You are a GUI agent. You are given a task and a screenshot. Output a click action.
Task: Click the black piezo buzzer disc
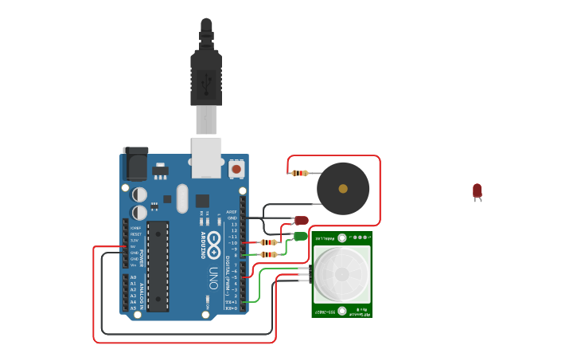(343, 189)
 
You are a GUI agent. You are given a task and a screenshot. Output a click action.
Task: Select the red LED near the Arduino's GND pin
(301, 221)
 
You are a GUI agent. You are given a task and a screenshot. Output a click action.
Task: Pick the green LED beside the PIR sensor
(300, 236)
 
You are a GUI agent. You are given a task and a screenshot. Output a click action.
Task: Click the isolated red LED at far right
(477, 190)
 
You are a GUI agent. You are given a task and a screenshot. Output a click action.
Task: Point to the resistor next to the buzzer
(299, 173)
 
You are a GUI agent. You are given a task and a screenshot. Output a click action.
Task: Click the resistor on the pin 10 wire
(268, 242)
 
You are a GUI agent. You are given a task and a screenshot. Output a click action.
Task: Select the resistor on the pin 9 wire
(268, 255)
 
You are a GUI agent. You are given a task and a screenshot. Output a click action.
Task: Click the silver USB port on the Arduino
(206, 156)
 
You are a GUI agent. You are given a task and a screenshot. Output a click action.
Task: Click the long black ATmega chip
(158, 266)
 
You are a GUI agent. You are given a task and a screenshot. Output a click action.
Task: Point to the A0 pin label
(132, 277)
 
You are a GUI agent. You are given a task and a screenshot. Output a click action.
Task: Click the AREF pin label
(232, 212)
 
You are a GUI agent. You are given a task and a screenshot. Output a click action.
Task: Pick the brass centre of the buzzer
(343, 189)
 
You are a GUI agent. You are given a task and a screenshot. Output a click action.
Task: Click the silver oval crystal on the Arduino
(181, 199)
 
